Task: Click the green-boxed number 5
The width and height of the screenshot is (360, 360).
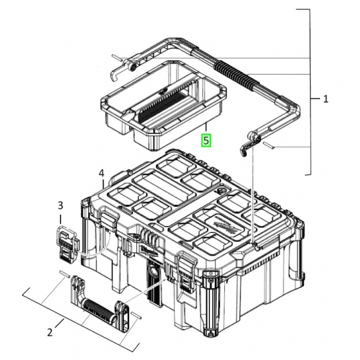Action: pyautogui.click(x=206, y=140)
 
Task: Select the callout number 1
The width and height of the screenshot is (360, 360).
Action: pyautogui.click(x=326, y=99)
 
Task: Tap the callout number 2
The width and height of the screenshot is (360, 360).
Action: pyautogui.click(x=50, y=332)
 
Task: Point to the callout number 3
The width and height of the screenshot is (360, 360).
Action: pyautogui.click(x=60, y=206)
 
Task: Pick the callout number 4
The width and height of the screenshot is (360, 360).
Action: pyautogui.click(x=102, y=173)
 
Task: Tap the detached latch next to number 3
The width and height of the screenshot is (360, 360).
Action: pyautogui.click(x=66, y=244)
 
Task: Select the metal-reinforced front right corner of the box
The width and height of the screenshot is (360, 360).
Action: pyautogui.click(x=210, y=302)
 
